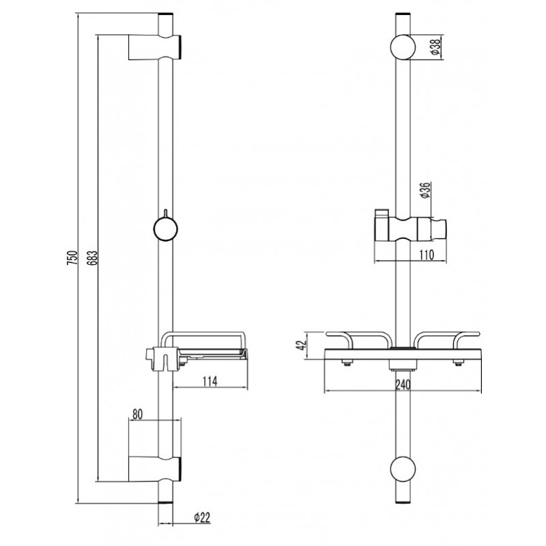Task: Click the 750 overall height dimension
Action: [72, 257]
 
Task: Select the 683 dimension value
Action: [93, 257]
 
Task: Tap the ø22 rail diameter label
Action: [202, 518]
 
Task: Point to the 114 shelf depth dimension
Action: [210, 381]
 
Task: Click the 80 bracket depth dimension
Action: [137, 414]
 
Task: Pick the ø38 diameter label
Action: [436, 46]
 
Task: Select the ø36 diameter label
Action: [426, 190]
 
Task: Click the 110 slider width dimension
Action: [426, 255]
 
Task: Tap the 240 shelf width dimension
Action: [403, 385]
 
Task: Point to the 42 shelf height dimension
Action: [302, 345]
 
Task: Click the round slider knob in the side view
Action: [166, 229]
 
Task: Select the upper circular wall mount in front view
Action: [403, 47]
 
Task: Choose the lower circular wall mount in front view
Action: [403, 470]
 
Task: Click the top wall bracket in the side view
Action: [155, 47]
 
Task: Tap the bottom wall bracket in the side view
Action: [155, 469]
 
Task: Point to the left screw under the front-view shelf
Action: [346, 363]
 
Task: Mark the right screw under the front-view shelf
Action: [458, 363]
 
